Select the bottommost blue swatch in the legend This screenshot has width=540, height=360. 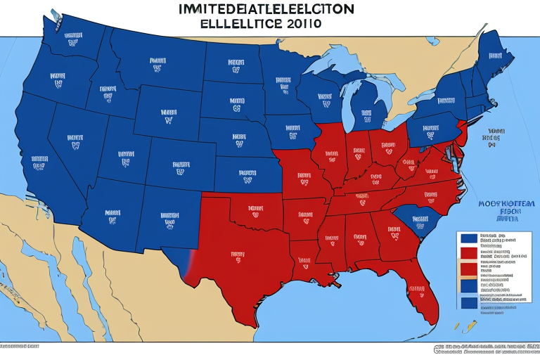tap(467, 302)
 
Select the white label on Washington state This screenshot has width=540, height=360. tap(72, 37)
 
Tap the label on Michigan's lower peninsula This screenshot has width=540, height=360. tap(366, 113)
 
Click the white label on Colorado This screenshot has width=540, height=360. tap(180, 166)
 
